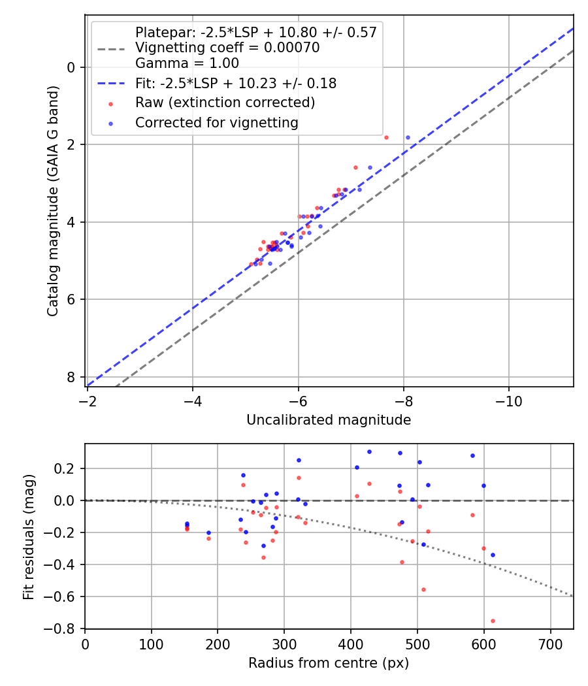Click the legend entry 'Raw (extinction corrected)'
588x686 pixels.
(225, 103)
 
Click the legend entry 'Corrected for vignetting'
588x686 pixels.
(216, 123)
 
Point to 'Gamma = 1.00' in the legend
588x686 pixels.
(187, 63)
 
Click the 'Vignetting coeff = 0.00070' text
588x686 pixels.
(227, 48)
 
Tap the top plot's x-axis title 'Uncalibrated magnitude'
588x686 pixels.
(329, 420)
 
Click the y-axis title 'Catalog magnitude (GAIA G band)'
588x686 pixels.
(54, 201)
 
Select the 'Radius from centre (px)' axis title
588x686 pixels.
(329, 663)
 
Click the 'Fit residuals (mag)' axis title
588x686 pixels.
(28, 536)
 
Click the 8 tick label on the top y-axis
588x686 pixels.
(71, 378)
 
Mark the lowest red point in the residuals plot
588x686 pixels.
(493, 621)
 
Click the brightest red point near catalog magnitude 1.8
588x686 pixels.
(386, 137)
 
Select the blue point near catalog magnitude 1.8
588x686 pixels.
(408, 137)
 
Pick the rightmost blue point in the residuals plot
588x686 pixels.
(493, 555)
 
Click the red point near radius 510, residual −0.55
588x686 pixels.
(423, 589)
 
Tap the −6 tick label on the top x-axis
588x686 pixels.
(298, 401)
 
